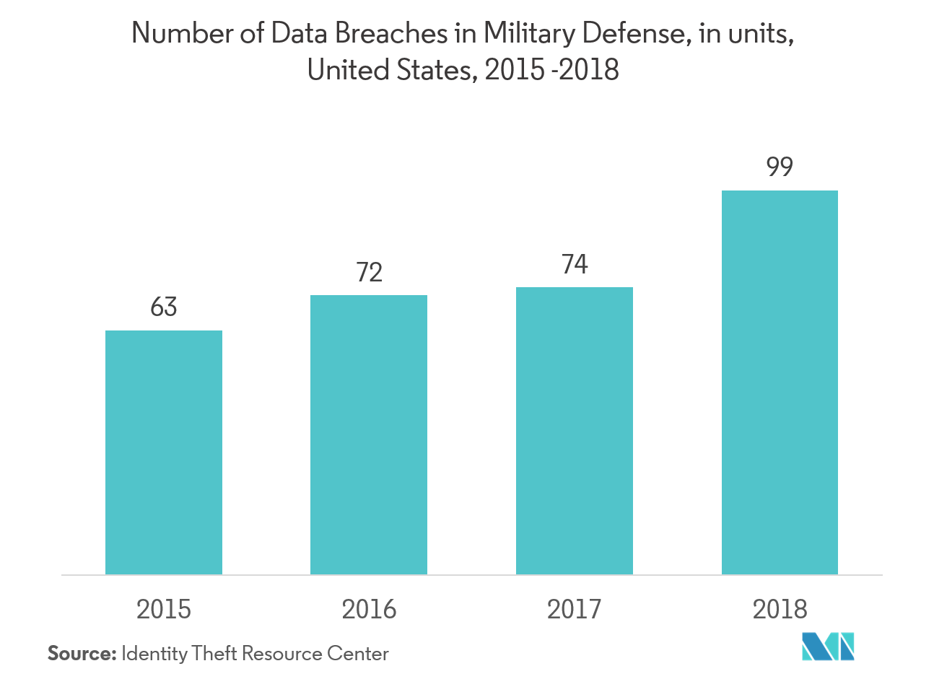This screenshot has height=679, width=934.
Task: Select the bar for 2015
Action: (x=164, y=452)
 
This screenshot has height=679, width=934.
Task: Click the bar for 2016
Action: (x=369, y=434)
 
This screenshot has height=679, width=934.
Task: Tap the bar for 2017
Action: (x=575, y=431)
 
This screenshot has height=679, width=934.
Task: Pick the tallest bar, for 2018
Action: (x=780, y=382)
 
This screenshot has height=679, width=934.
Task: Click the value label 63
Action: (x=164, y=307)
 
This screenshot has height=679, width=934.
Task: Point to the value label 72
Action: (x=369, y=272)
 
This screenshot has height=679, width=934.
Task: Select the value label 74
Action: (x=575, y=265)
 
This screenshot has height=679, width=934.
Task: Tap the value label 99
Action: (x=780, y=167)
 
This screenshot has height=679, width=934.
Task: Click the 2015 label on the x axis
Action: (x=164, y=610)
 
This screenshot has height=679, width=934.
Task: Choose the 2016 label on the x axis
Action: (x=369, y=610)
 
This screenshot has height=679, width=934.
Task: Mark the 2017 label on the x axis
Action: (x=575, y=610)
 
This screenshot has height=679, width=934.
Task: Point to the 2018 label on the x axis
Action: (x=780, y=610)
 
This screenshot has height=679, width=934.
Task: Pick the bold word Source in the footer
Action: (x=81, y=654)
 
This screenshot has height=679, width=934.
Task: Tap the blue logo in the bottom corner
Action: (x=828, y=646)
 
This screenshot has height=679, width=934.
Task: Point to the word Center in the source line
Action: (x=358, y=654)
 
